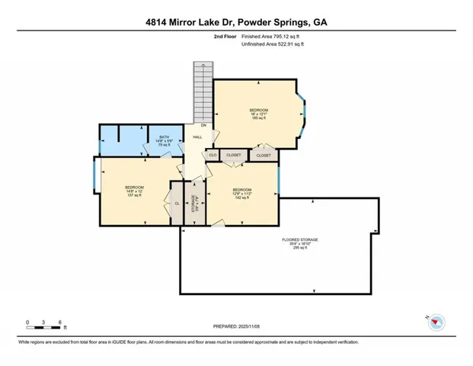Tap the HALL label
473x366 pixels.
click(x=197, y=137)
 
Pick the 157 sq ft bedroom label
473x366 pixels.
click(x=134, y=191)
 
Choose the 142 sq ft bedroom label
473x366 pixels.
click(x=242, y=193)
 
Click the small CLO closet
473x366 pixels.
click(x=213, y=155)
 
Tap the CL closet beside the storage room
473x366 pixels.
click(x=177, y=204)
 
